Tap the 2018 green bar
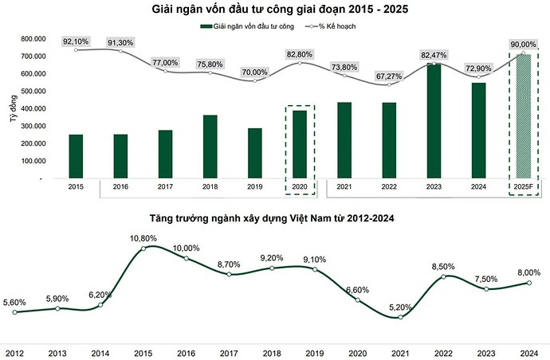210,147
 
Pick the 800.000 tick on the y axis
28,39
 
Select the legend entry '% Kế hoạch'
328,26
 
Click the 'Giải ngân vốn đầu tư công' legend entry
243,26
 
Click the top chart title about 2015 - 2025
274,10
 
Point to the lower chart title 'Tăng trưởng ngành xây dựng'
275,216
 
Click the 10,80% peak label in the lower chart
144,238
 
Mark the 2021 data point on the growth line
400,317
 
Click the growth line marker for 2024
530,282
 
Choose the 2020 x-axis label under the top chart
299,187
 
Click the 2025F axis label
523,187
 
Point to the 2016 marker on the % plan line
120,51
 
